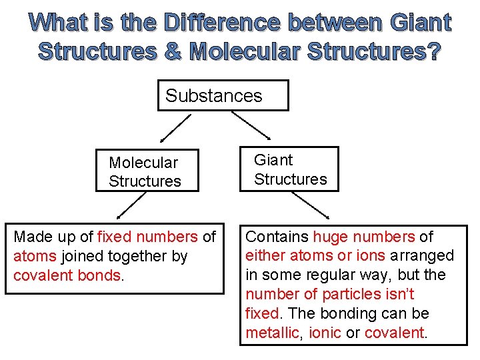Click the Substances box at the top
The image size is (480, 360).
pyautogui.click(x=223, y=95)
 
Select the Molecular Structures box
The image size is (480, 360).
pyautogui.click(x=147, y=171)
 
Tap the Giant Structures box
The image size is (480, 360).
pyautogui.click(x=289, y=169)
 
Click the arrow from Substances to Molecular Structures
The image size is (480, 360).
pyautogui.click(x=175, y=128)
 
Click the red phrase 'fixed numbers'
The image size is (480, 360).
pyautogui.click(x=147, y=237)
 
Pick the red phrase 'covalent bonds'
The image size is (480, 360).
pyautogui.click(x=67, y=275)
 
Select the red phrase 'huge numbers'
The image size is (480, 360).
pyautogui.click(x=364, y=237)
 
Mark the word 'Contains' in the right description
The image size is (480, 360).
pyautogui.click(x=277, y=237)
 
